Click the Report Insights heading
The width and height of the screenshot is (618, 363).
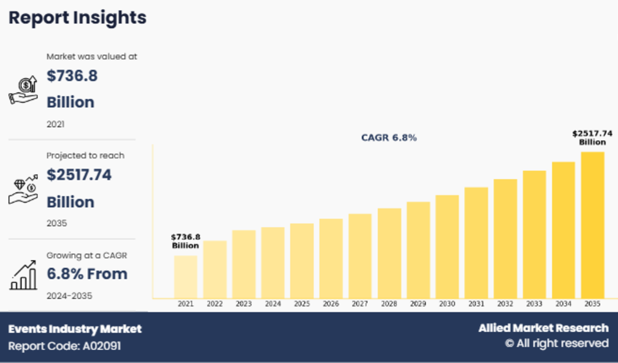[x=77, y=18]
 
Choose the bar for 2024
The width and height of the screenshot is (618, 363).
[x=273, y=263]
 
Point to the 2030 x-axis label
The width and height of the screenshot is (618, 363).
[x=447, y=304]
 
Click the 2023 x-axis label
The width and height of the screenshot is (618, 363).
[x=244, y=304]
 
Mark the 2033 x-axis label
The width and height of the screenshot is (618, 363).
[x=534, y=304]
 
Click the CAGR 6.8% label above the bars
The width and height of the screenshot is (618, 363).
[x=389, y=138]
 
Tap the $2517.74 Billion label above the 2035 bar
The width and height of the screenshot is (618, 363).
[x=592, y=138]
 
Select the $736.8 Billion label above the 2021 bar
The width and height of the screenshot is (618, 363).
[x=185, y=241]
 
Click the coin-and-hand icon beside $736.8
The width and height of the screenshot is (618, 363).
[x=23, y=90]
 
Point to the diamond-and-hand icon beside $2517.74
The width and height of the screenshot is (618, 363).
[x=23, y=189]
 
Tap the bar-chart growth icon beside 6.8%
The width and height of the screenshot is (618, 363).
[x=23, y=275]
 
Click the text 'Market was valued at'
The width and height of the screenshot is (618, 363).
[x=92, y=57]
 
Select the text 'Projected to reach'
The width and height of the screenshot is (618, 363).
[x=85, y=156]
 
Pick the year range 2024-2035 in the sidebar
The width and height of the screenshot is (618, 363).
[x=69, y=296]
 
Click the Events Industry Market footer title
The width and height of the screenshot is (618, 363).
[x=75, y=329]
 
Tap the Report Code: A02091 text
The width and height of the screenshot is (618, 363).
[x=65, y=346]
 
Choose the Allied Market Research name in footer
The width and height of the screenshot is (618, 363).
[x=543, y=328]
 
